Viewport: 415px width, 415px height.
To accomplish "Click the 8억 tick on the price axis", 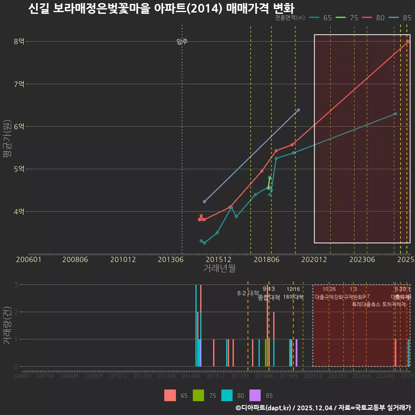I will click(x=19, y=41).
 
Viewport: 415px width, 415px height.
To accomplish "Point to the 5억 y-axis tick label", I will click(x=19, y=169).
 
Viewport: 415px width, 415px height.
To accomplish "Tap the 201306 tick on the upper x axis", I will click(x=170, y=259).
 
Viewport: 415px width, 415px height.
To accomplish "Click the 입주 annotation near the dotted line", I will click(x=182, y=41).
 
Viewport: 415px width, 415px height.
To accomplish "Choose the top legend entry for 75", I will click(x=348, y=18).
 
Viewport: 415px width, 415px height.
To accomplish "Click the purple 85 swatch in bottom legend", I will click(x=255, y=395).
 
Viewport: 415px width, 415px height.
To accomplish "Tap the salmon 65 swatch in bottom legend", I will click(x=170, y=395).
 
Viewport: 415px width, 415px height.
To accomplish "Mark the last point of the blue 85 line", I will click(x=299, y=110).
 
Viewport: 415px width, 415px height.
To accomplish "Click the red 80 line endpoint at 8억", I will click(x=409, y=41).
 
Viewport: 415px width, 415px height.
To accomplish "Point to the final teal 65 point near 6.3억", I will click(x=396, y=114).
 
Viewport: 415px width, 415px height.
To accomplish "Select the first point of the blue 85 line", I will click(x=204, y=201).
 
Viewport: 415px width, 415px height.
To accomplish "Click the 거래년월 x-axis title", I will click(x=219, y=268).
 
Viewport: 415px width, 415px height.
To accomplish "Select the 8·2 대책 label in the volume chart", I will click(x=248, y=293).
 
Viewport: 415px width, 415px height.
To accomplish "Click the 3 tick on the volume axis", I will click(x=16, y=285).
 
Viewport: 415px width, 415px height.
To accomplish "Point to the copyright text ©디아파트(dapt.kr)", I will click(x=264, y=408).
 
